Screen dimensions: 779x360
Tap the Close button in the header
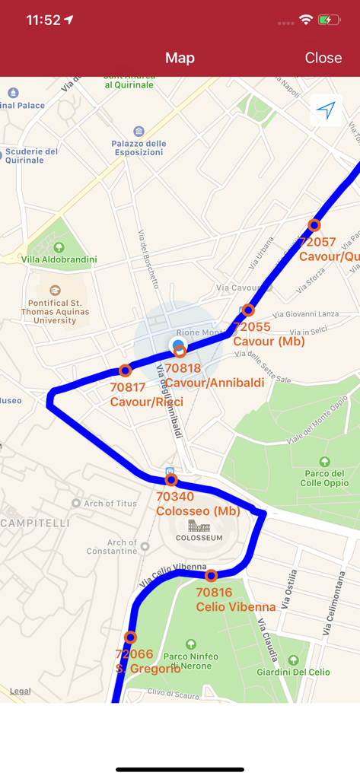(323, 58)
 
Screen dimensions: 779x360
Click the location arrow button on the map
(326, 111)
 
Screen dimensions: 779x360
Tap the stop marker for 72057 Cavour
(314, 225)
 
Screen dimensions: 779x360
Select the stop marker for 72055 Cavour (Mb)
(248, 310)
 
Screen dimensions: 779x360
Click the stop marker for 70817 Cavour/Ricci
(126, 370)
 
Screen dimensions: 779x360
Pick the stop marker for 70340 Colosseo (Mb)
(171, 480)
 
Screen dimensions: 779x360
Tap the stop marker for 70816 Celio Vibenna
(212, 575)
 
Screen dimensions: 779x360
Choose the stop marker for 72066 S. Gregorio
(131, 638)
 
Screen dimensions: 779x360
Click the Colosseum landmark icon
(199, 526)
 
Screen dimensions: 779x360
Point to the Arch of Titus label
(110, 503)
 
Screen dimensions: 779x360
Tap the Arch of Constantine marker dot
(145, 546)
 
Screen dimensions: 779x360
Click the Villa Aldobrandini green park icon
(59, 247)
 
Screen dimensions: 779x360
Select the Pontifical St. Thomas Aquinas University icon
(55, 290)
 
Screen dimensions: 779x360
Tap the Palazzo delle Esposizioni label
(139, 148)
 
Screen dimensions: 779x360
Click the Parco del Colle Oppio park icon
(325, 461)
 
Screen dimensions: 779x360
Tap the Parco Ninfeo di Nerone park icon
(190, 644)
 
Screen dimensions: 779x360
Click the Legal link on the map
(21, 691)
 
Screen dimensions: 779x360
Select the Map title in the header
(180, 58)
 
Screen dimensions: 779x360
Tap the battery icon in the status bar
(328, 20)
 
